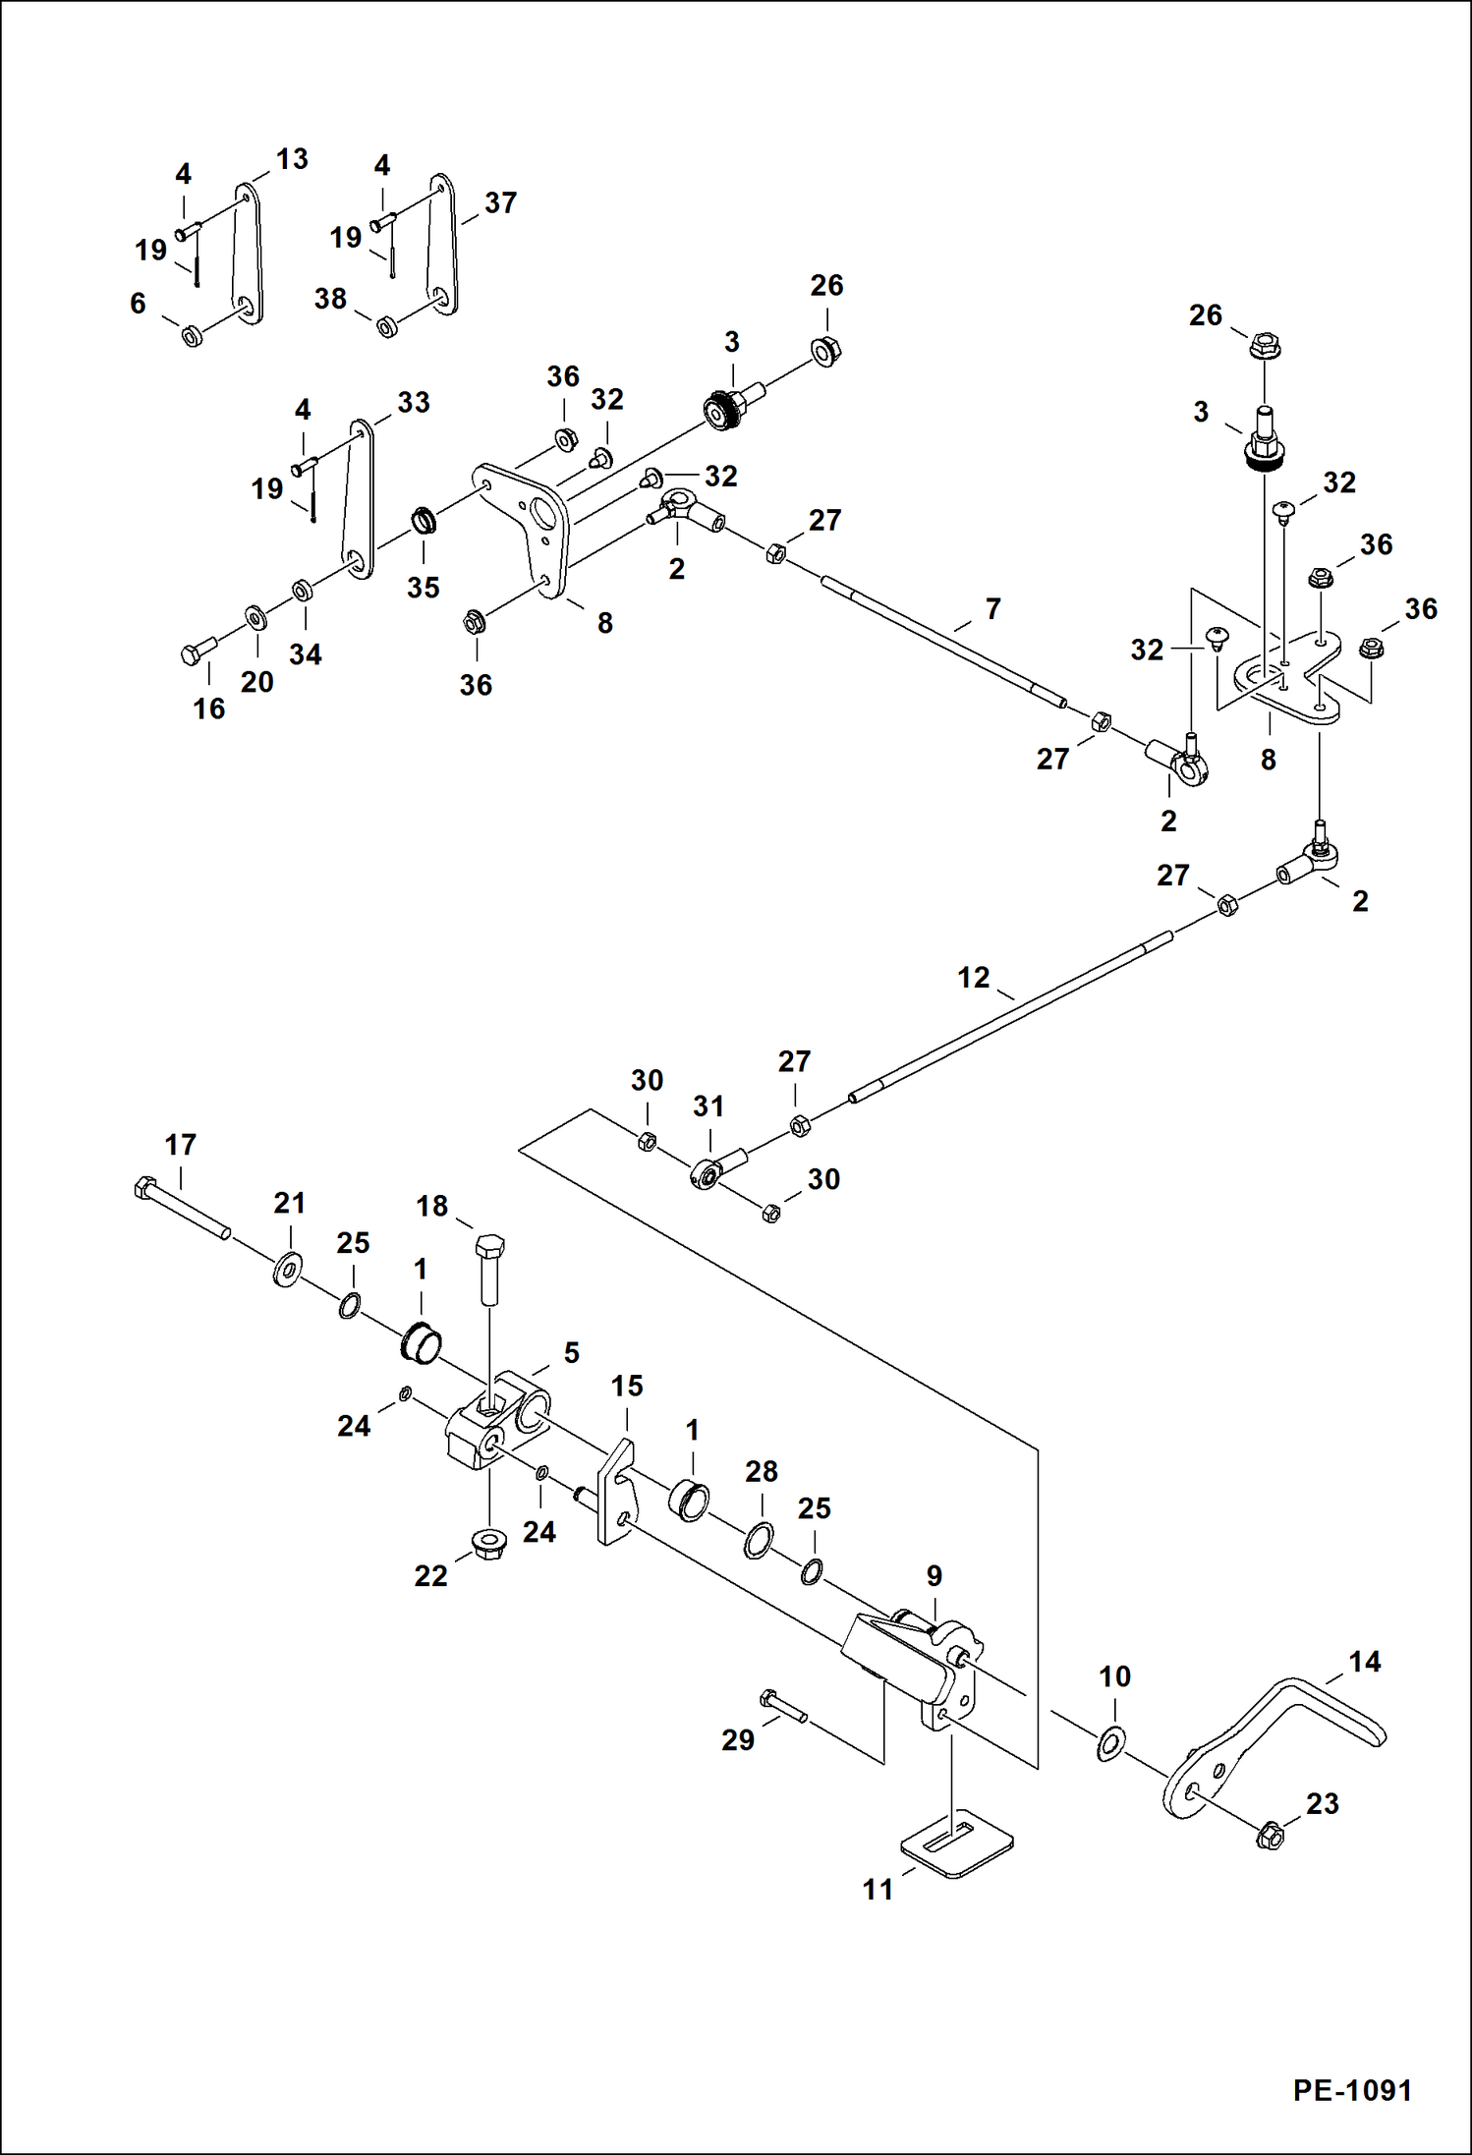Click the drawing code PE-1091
point(1352,2089)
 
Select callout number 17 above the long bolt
point(180,1145)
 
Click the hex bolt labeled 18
point(490,1268)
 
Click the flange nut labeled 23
point(1270,1835)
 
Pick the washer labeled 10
point(1111,1742)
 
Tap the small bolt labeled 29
point(782,1705)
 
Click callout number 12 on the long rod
point(973,978)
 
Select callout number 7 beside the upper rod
point(993,609)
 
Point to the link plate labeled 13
point(248,254)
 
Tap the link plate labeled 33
point(358,498)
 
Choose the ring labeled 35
point(424,519)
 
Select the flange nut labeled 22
point(489,1545)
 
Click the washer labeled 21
point(288,1269)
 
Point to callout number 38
point(330,299)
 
